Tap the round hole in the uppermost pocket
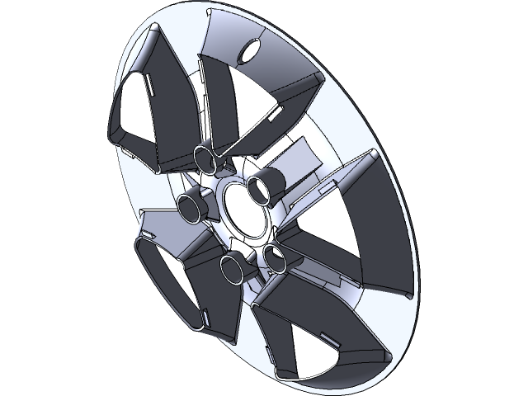point(247,53)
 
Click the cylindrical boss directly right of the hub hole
point(266,188)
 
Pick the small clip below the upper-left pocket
point(133,153)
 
